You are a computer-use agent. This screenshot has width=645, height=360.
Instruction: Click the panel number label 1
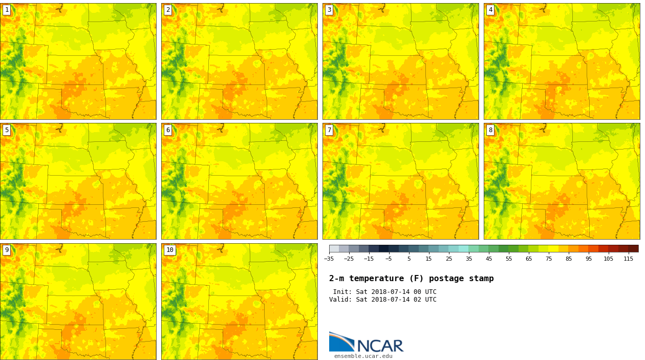click(7, 10)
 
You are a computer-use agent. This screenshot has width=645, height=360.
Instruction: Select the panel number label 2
click(168, 10)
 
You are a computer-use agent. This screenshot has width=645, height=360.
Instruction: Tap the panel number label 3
click(329, 10)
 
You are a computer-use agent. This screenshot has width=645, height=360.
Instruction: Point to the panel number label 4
click(490, 10)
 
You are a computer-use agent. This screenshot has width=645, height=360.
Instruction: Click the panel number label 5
click(7, 130)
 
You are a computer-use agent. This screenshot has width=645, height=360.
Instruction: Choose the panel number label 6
click(168, 130)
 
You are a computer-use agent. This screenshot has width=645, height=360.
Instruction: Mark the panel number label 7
click(329, 130)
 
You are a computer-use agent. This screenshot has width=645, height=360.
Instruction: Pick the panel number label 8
click(490, 130)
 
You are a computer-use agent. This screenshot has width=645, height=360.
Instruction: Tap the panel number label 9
click(7, 250)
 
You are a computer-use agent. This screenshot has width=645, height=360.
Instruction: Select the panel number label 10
click(169, 250)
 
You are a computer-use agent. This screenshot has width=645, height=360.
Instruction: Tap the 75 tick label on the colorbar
click(549, 259)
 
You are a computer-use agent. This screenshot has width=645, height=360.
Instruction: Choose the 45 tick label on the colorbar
click(489, 259)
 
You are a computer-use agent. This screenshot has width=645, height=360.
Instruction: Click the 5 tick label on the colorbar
click(409, 259)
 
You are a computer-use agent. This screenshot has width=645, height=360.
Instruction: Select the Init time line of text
click(384, 292)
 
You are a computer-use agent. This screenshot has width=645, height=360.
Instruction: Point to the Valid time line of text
click(383, 300)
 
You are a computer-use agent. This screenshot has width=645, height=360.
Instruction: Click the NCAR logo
click(366, 343)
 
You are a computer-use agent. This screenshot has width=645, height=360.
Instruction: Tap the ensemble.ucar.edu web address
click(363, 356)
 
